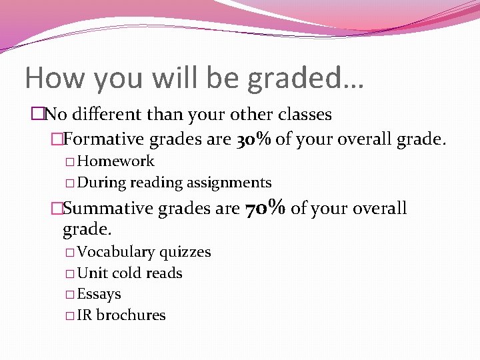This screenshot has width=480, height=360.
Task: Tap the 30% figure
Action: (253, 139)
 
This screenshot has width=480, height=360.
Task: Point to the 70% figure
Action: (266, 208)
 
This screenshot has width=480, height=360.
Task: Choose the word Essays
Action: (99, 294)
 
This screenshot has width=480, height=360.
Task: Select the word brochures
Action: (131, 315)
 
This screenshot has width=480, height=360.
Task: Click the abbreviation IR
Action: (85, 315)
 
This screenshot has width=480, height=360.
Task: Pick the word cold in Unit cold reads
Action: (127, 273)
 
